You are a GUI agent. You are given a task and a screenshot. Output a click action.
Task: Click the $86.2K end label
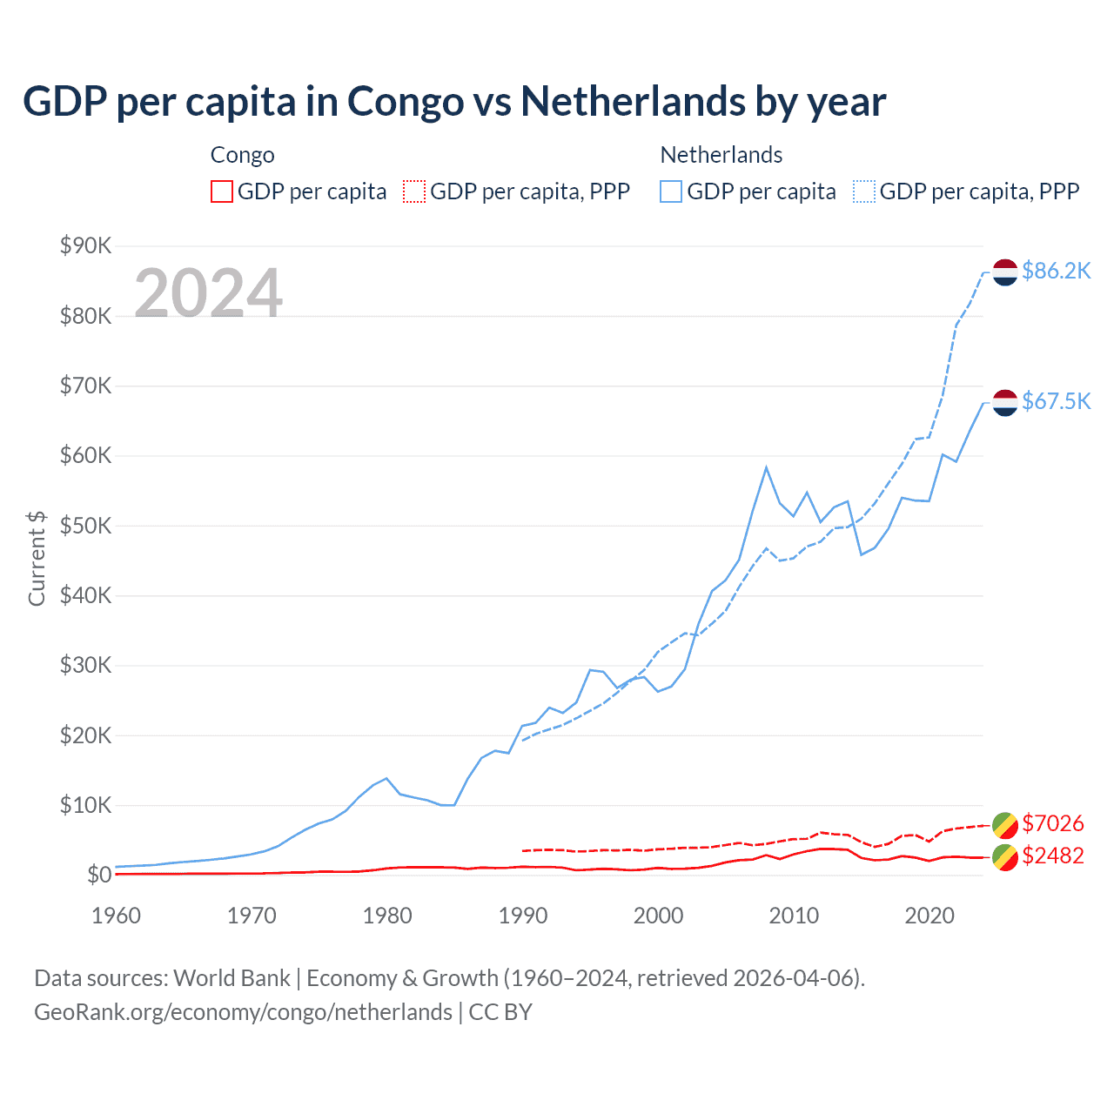(x=1056, y=272)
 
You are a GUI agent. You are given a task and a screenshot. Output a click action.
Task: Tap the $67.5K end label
(x=1056, y=401)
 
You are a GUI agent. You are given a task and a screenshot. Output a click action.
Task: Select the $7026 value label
(x=1052, y=823)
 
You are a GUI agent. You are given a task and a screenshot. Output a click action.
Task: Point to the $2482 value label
(x=1052, y=856)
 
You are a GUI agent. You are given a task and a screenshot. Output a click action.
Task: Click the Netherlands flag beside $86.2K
(x=1005, y=272)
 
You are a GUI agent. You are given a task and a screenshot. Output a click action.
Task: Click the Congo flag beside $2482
(x=1005, y=856)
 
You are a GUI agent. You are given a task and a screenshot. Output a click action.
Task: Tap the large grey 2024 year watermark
(x=208, y=293)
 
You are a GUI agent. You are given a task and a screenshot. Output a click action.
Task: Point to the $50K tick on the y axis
(x=85, y=526)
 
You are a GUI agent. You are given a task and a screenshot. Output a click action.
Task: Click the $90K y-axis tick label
(x=85, y=246)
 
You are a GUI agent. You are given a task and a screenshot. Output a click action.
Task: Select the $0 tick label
(x=98, y=875)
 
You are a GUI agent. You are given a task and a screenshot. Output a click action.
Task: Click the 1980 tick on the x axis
(x=387, y=916)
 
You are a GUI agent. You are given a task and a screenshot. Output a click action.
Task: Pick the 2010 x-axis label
(x=794, y=916)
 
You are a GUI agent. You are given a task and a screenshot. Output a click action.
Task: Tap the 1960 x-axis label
(x=117, y=916)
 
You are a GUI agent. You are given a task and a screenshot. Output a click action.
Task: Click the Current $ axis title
(x=37, y=559)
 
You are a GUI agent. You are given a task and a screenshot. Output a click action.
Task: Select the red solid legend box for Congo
(x=222, y=191)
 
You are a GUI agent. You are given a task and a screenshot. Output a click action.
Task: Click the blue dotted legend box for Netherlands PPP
(x=864, y=191)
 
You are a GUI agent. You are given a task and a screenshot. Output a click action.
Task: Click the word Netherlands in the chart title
(x=632, y=102)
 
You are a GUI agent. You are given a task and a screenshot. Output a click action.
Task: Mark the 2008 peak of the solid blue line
(x=766, y=467)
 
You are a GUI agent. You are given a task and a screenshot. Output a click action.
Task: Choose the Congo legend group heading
(x=242, y=155)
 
